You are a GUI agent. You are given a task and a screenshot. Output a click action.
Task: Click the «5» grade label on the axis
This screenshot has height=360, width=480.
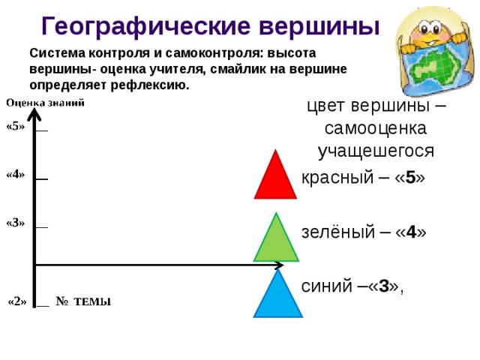[15, 126]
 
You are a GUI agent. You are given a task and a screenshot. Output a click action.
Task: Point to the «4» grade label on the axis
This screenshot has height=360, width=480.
[15, 175]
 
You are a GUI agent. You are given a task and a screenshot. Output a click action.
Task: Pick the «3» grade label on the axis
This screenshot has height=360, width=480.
[15, 223]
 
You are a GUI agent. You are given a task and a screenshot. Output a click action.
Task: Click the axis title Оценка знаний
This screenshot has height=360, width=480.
[45, 103]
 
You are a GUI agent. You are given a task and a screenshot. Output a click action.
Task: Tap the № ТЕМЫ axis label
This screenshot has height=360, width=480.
[83, 301]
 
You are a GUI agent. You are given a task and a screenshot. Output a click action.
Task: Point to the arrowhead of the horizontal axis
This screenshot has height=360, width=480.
[278, 264]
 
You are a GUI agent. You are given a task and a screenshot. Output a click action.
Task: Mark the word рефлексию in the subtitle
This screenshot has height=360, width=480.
[155, 85]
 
